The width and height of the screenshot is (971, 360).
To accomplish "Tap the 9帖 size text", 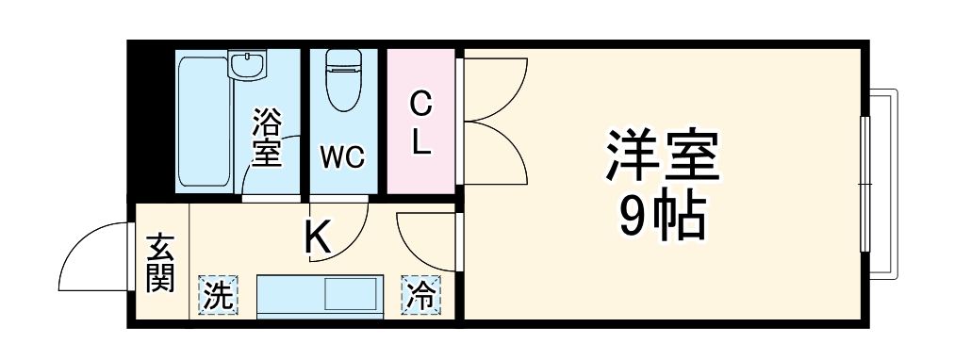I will tap(663, 219).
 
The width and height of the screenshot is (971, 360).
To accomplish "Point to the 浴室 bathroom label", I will tap(267, 138).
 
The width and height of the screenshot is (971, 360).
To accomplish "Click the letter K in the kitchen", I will tap(318, 237).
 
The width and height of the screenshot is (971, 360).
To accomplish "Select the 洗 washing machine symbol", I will tap(218, 296).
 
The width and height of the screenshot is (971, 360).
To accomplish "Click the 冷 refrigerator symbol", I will tap(421, 296).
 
